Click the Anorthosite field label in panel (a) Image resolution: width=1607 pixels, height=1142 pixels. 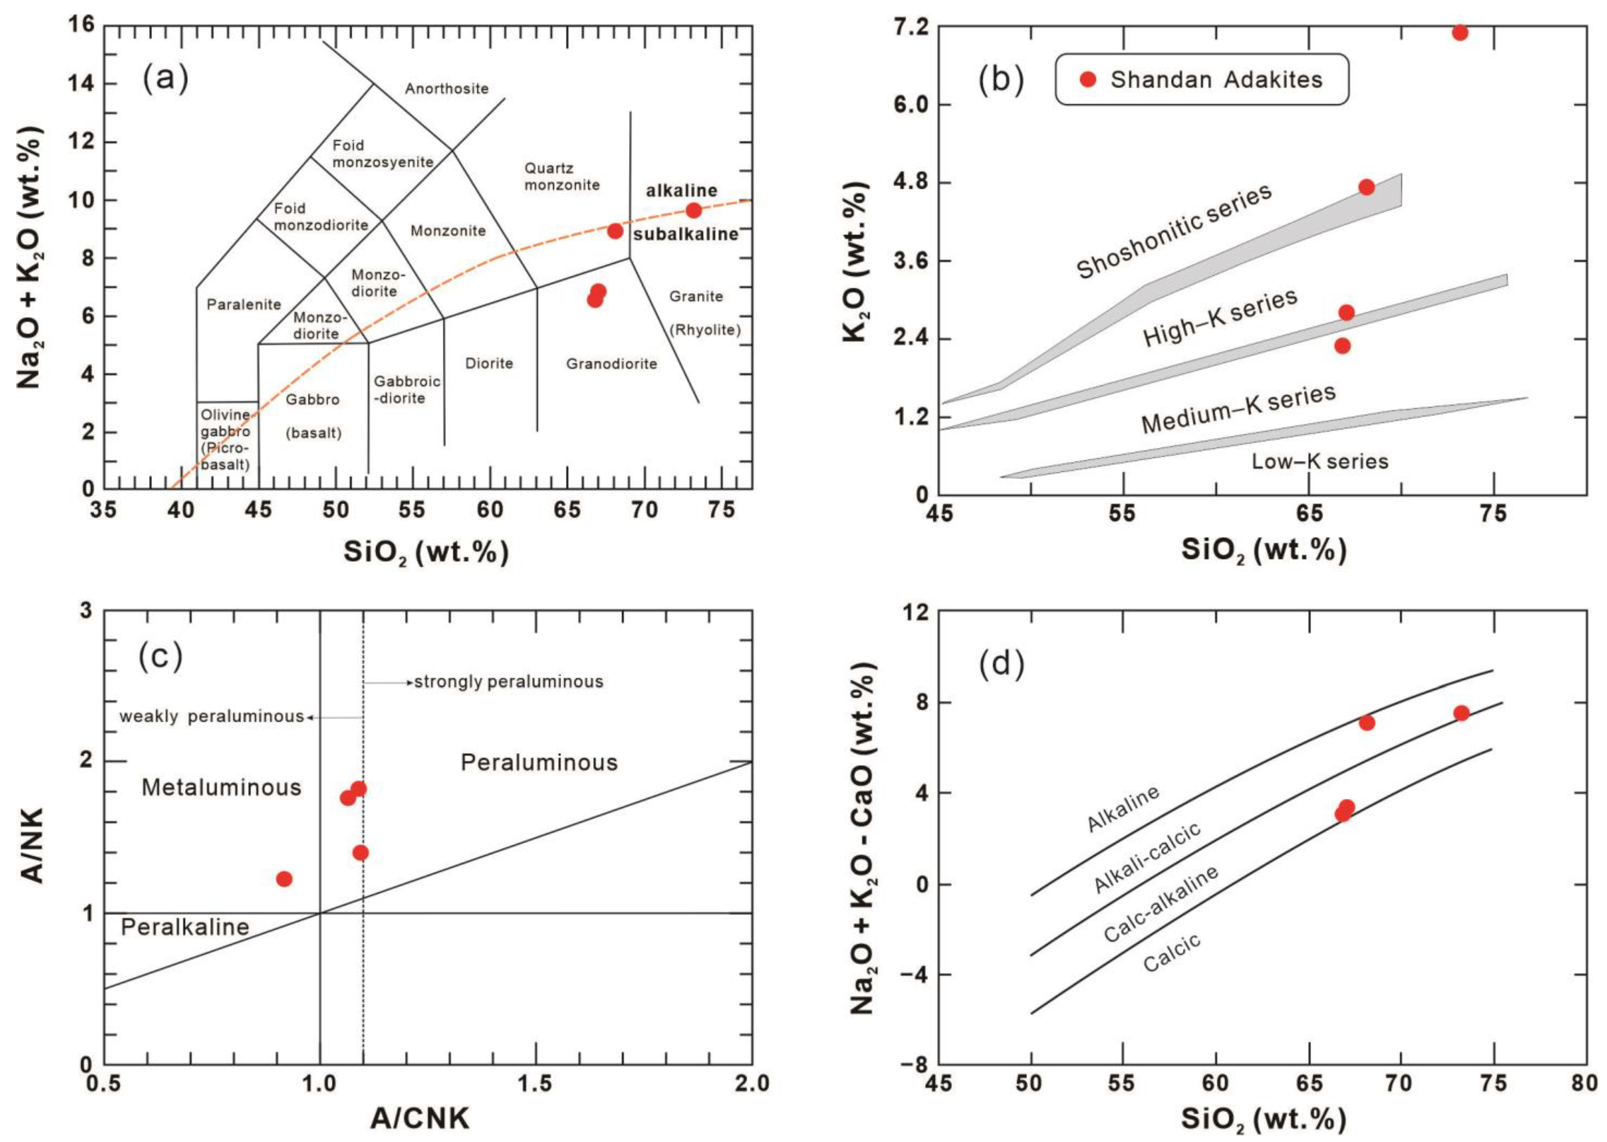click(x=446, y=88)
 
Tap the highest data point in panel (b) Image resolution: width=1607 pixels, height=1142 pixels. click(x=1460, y=32)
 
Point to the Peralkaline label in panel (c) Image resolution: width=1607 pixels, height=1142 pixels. click(x=185, y=927)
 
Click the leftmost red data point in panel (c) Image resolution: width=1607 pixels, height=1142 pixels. click(x=284, y=879)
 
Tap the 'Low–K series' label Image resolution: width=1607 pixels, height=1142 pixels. click(x=1320, y=461)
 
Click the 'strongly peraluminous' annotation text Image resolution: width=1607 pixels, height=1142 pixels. click(x=508, y=681)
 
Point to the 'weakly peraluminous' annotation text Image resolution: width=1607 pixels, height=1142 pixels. click(x=211, y=717)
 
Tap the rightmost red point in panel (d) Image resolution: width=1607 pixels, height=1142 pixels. click(x=1462, y=713)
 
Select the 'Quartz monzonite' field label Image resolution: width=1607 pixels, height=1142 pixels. click(x=562, y=177)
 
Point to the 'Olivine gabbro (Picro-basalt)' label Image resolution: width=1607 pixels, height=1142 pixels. click(x=225, y=440)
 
